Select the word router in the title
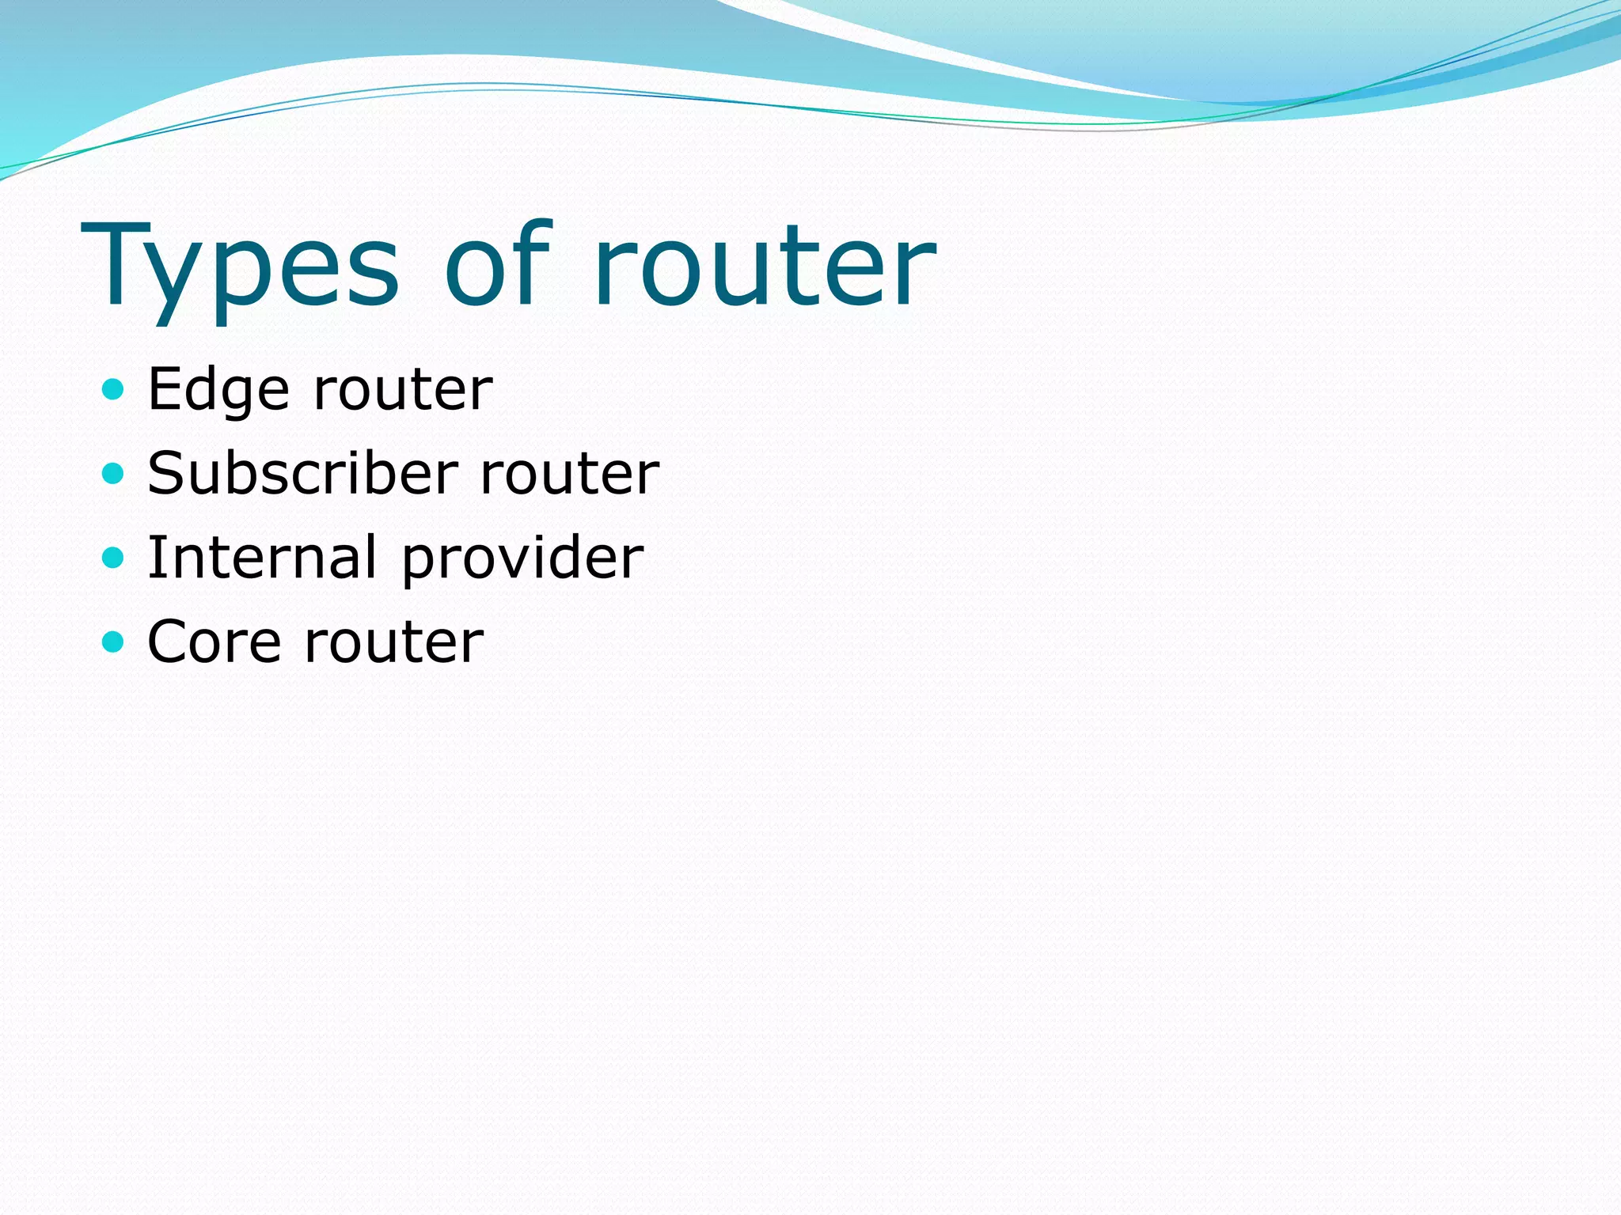[765, 265]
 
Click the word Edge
[218, 391]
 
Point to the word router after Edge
[403, 391]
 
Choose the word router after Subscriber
[570, 474]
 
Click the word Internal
[262, 558]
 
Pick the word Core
[214, 642]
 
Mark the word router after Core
[394, 642]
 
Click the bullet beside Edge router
[114, 389]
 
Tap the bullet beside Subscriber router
[114, 473]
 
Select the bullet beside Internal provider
[114, 557]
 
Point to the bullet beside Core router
[114, 641]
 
